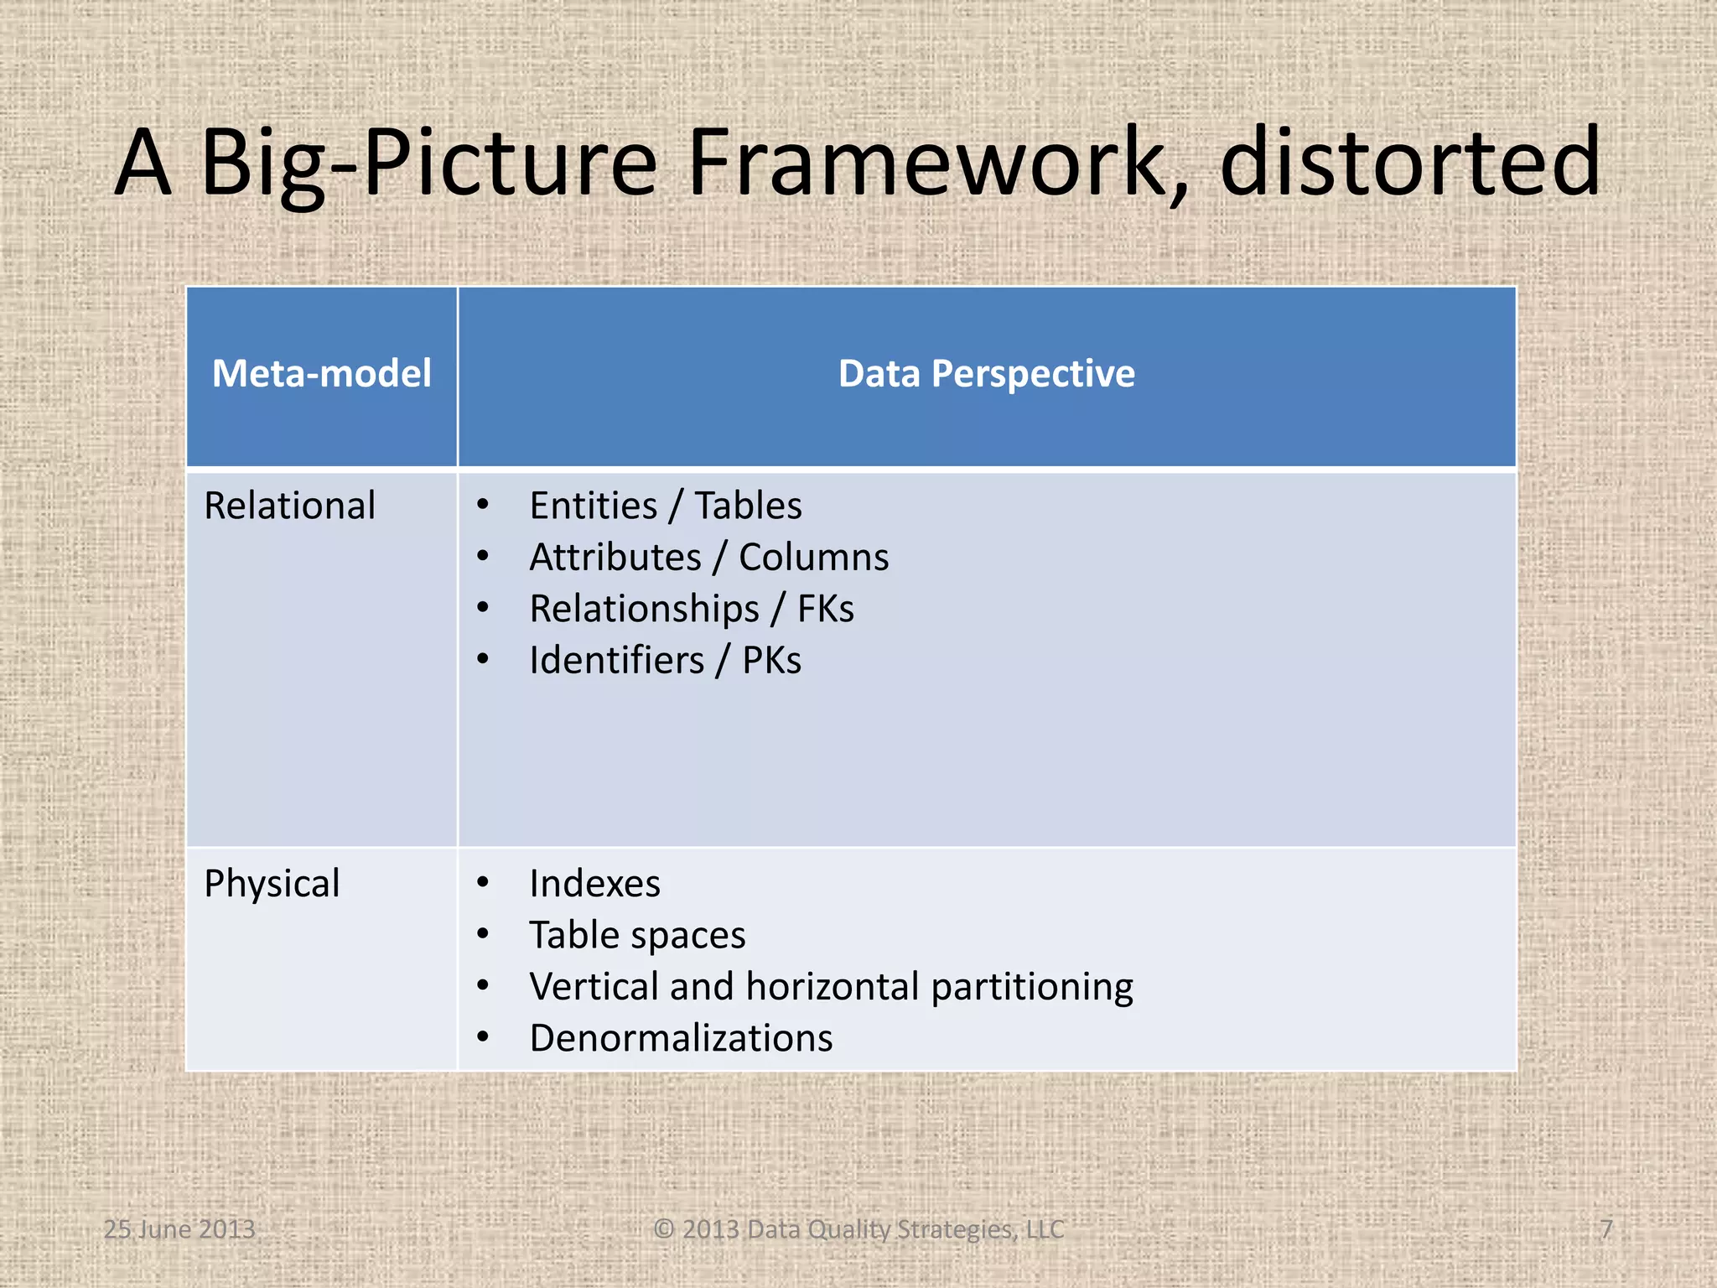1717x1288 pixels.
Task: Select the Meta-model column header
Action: [322, 373]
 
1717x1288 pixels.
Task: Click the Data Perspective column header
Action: [987, 373]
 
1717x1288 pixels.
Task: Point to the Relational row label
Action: [290, 506]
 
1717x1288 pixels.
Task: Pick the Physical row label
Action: [272, 884]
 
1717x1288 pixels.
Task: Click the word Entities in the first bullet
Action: [594, 506]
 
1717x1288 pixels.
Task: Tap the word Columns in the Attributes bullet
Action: [813, 558]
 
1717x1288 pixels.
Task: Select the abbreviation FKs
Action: [826, 609]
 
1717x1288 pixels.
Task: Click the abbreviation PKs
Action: [771, 661]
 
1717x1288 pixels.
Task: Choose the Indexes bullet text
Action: [595, 884]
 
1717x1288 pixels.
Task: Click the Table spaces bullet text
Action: [637, 936]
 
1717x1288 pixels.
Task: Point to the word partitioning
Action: [1032, 987]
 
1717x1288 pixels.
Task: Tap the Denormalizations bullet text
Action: [681, 1038]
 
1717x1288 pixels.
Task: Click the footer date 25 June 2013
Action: [179, 1229]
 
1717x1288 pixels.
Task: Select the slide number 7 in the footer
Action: [1606, 1229]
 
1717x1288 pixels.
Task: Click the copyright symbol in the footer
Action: [664, 1229]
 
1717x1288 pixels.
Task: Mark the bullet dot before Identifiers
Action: [483, 659]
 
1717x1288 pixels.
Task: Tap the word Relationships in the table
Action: [644, 609]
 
